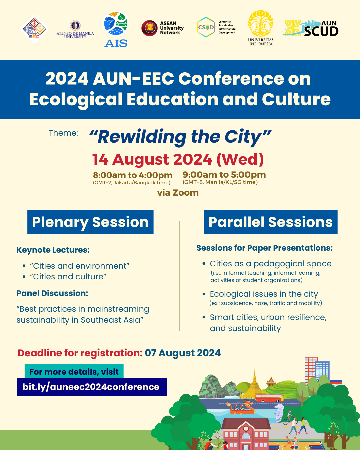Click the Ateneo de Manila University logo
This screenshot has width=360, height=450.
(75, 29)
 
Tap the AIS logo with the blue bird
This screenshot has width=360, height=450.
(116, 29)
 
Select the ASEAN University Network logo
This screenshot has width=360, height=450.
(162, 28)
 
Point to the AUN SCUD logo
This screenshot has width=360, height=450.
(311, 28)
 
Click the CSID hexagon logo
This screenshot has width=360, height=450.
(206, 27)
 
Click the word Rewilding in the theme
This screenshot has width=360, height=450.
(142, 137)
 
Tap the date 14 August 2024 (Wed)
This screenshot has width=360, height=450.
(178, 159)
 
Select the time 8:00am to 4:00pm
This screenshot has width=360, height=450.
(132, 175)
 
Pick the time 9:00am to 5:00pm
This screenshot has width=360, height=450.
(224, 175)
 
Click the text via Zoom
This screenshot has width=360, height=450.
(178, 193)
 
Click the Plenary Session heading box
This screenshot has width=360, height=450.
(90, 222)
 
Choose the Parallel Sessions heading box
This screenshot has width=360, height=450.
(270, 222)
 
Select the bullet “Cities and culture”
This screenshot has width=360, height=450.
(68, 277)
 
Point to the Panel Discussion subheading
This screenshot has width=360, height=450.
(52, 293)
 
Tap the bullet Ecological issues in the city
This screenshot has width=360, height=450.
(264, 294)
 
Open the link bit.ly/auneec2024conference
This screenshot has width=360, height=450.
(91, 387)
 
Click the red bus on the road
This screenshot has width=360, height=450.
(268, 398)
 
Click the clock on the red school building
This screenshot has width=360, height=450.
(246, 429)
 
